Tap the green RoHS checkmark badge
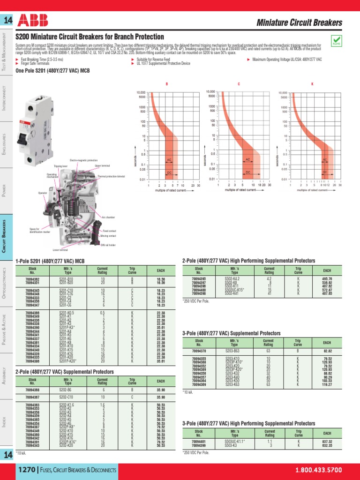pos(336,40)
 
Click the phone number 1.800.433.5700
pos(318,470)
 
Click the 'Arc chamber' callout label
pos(108,217)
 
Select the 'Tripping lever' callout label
pos(60,166)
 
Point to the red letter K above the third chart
pos(312,84)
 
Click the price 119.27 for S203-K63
pos(327,384)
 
